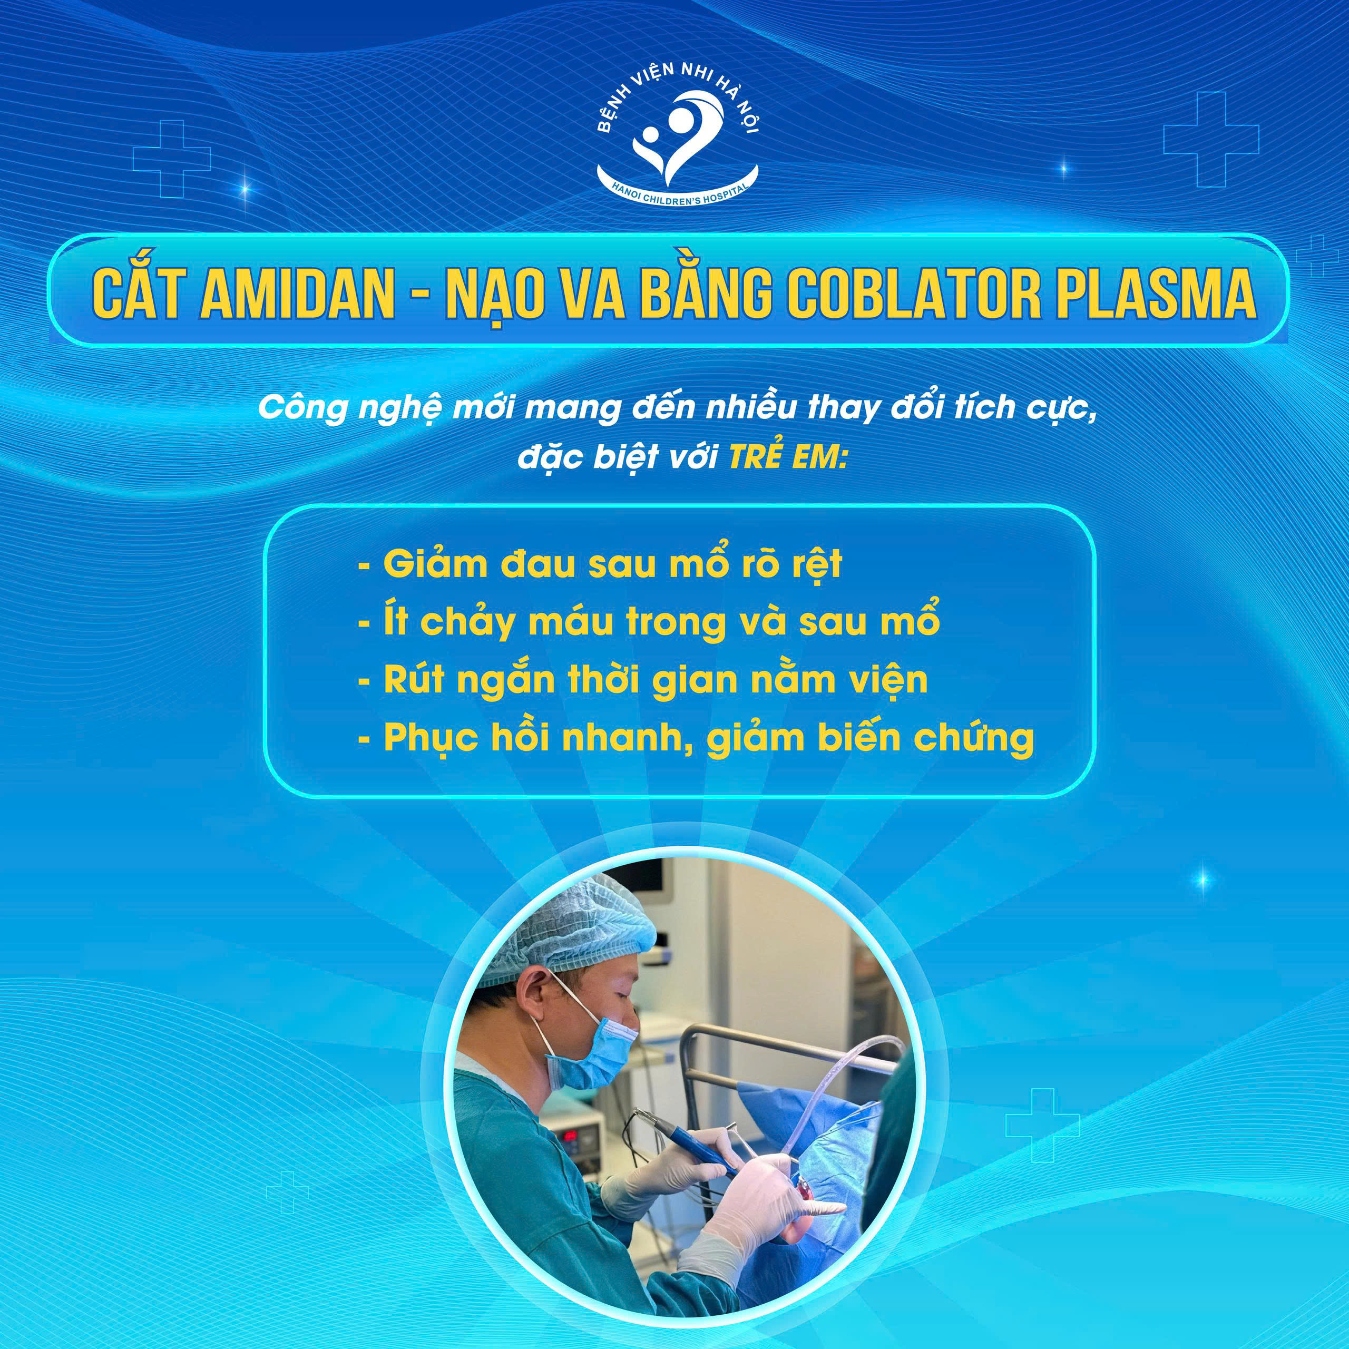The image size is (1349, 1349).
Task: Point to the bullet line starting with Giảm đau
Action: [x=601, y=564]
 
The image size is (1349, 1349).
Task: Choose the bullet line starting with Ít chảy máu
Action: [x=649, y=621]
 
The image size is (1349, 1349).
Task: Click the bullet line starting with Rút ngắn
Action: [x=642, y=679]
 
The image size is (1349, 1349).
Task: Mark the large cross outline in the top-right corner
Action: [x=1211, y=139]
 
